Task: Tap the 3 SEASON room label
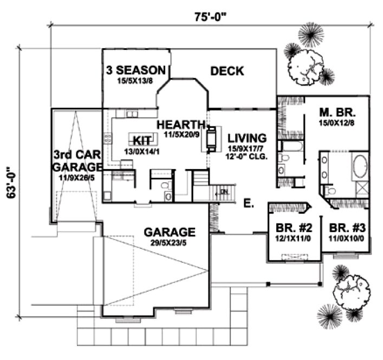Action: point(135,70)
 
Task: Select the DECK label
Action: point(227,71)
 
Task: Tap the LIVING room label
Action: point(246,138)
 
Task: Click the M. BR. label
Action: point(336,113)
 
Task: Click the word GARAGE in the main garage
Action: point(170,233)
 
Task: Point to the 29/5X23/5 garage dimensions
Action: point(170,244)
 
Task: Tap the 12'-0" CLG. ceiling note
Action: point(246,157)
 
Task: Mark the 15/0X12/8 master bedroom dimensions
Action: point(336,124)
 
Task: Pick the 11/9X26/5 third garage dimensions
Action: point(77,177)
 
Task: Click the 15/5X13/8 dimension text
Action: point(134,81)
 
